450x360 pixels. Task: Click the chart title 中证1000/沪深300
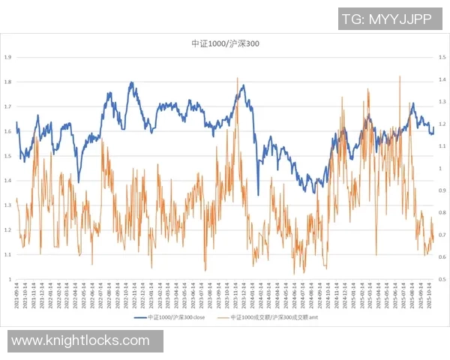(x=225, y=44)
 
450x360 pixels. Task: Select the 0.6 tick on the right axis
(x=441, y=257)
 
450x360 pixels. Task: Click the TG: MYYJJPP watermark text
(x=386, y=19)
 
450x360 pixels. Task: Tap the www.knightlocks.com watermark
(x=80, y=341)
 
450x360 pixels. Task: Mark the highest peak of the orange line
(x=399, y=76)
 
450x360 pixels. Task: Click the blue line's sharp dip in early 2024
(x=259, y=194)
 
